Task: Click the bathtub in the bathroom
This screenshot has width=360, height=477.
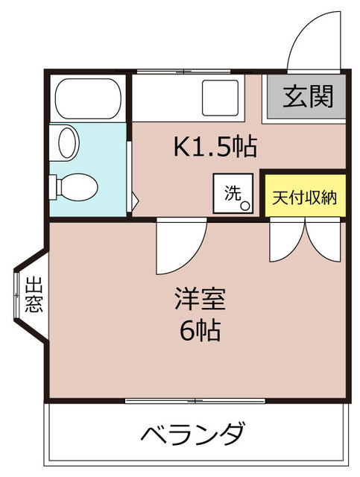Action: [88, 98]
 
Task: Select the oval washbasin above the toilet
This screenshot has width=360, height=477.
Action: [67, 142]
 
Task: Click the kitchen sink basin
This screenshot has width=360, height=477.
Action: [220, 98]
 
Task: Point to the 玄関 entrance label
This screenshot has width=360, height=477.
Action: [308, 97]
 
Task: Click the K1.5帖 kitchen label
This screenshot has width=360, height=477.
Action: [215, 146]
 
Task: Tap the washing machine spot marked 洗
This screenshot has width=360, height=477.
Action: [233, 193]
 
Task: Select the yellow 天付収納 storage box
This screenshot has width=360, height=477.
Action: [306, 195]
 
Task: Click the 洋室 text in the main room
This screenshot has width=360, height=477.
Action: [200, 299]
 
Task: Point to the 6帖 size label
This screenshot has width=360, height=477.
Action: [200, 330]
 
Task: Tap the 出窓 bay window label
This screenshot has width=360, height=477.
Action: [34, 294]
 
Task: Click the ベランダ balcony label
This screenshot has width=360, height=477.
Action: [192, 433]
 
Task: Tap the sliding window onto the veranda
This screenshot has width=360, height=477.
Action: [195, 401]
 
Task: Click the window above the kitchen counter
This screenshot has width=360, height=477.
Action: [183, 72]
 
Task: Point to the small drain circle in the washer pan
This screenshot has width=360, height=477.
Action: [245, 206]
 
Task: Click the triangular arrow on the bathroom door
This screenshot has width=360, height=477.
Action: [135, 200]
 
